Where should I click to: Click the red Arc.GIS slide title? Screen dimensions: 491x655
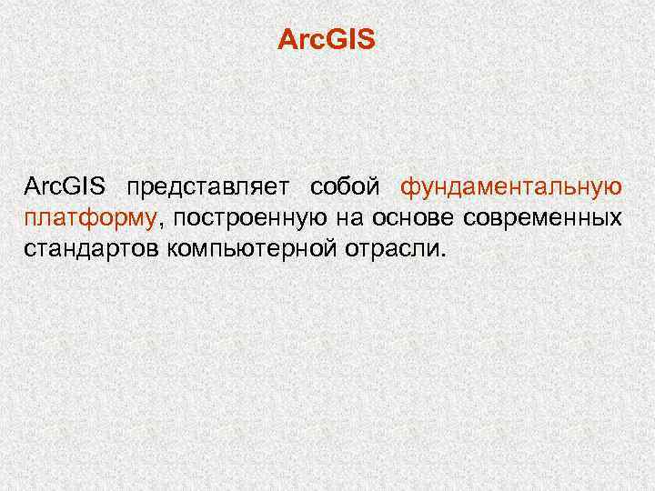click(327, 42)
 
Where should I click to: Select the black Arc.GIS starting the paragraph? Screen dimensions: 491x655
click(65, 188)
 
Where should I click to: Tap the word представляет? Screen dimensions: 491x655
click(210, 189)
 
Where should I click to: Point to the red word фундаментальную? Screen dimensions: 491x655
click(512, 189)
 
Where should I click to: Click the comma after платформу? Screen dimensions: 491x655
click(160, 225)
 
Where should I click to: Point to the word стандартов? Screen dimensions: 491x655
click(92, 249)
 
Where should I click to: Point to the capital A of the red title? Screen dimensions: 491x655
click(285, 42)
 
